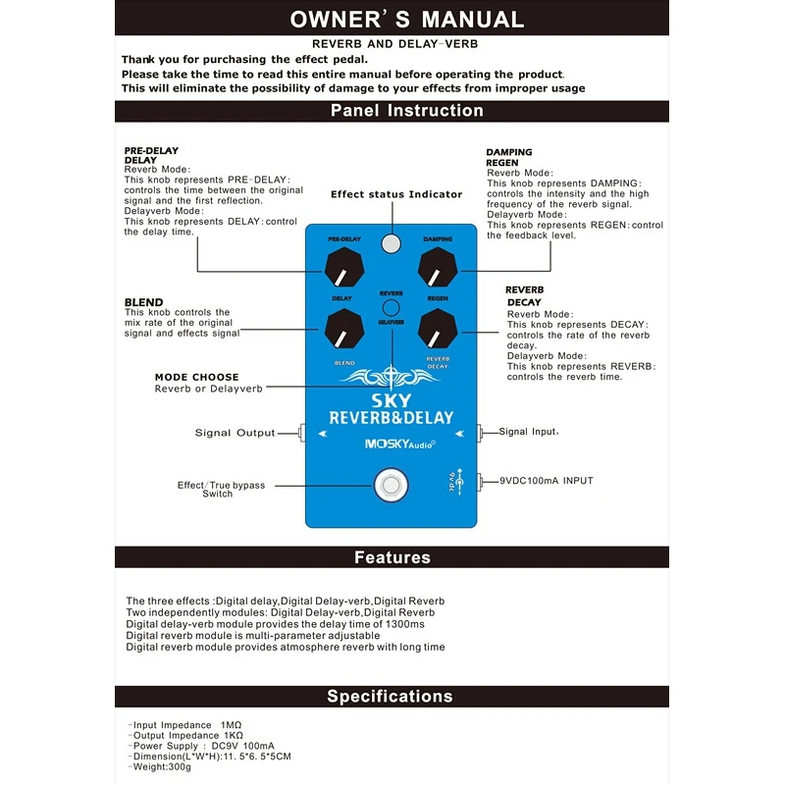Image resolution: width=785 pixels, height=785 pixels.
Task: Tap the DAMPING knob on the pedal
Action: [438, 267]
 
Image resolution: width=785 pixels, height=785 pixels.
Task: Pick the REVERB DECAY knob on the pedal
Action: [438, 329]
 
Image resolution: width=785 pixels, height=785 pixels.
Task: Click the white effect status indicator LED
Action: [392, 244]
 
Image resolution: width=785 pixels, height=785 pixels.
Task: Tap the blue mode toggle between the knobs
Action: [392, 307]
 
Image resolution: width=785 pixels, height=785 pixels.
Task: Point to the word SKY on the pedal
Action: [392, 400]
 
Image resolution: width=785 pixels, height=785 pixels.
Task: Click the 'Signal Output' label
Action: [235, 433]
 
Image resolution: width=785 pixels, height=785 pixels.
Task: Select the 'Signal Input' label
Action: [528, 432]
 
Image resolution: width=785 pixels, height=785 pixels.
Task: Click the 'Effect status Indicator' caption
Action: [396, 194]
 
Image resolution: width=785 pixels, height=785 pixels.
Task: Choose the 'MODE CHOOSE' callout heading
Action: [196, 377]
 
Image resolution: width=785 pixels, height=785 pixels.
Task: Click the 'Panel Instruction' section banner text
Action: [406, 110]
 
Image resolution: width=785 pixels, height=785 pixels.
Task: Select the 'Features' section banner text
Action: [392, 557]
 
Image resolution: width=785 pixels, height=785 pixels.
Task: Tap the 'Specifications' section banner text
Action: [390, 697]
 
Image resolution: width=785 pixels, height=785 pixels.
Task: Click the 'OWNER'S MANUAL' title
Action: [406, 19]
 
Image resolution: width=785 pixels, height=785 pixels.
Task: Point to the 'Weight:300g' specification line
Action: [160, 767]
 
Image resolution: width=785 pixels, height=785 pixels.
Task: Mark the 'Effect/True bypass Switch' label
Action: [221, 489]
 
